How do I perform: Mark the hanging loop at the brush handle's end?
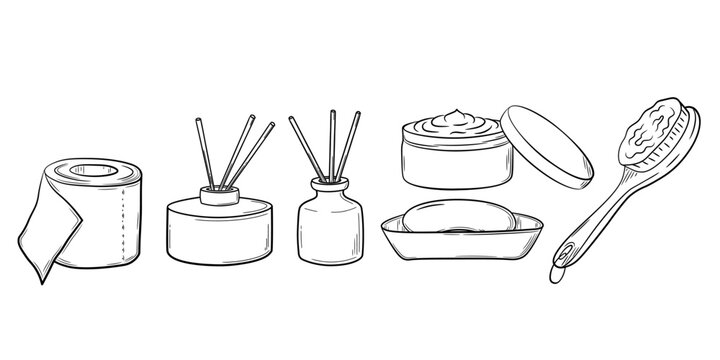coord(558,267)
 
